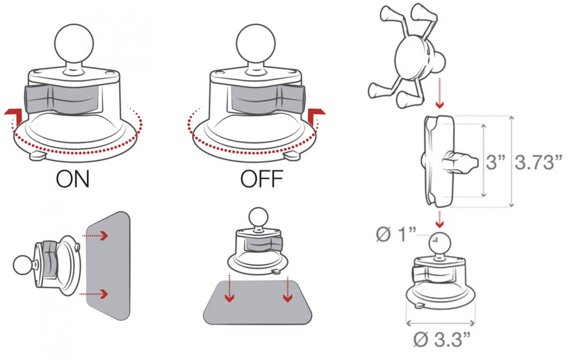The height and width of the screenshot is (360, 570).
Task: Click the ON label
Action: click(x=73, y=179)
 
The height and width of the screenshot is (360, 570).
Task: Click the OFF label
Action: click(x=262, y=179)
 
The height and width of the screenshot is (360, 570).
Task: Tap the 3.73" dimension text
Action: click(x=538, y=162)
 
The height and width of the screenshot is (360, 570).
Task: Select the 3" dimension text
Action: click(x=495, y=162)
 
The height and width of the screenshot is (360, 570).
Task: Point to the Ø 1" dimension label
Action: click(x=396, y=234)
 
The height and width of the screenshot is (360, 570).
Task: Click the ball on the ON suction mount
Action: click(x=74, y=44)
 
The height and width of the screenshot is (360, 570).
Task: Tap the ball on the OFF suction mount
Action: click(x=256, y=44)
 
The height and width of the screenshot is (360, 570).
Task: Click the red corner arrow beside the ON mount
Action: click(x=15, y=116)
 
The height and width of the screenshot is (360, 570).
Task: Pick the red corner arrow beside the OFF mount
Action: click(x=315, y=116)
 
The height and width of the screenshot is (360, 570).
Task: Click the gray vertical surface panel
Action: click(x=108, y=265)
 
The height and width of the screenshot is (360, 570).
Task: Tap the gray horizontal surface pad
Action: click(x=257, y=303)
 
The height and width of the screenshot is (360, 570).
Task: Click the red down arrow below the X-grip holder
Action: click(x=439, y=94)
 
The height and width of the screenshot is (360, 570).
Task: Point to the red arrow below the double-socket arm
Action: click(x=439, y=219)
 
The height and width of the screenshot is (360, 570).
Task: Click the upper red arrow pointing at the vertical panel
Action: click(x=95, y=236)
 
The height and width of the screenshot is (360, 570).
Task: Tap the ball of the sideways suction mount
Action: click(x=23, y=265)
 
